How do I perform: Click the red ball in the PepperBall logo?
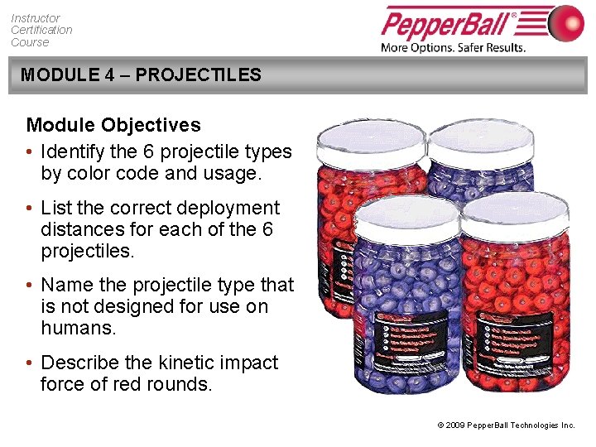pyautogui.click(x=565, y=22)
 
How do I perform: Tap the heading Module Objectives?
pyautogui.click(x=113, y=126)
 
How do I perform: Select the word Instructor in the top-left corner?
pyautogui.click(x=36, y=17)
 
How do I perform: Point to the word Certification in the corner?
pyautogui.click(x=41, y=30)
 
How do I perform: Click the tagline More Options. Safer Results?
pyautogui.click(x=453, y=47)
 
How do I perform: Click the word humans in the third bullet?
pyautogui.click(x=74, y=328)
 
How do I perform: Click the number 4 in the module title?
pyautogui.click(x=110, y=75)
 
